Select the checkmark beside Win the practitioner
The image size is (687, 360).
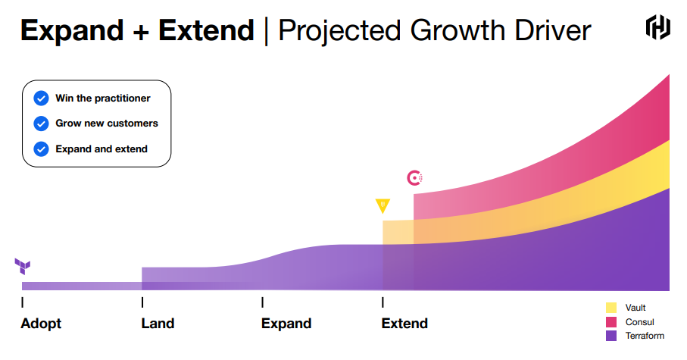41,99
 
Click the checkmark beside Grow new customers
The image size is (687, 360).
41,124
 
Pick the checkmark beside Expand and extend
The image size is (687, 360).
41,149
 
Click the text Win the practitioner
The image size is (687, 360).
102,99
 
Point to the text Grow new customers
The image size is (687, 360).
106,124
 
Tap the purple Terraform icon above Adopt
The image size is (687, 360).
23,266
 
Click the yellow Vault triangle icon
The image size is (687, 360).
383,205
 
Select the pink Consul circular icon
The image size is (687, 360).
414,178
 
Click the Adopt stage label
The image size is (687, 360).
41,324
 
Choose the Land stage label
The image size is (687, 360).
158,324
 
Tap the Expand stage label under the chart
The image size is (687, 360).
286,324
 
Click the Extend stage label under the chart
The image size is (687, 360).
404,324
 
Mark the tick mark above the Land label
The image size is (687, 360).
142,302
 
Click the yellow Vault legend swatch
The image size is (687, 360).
611,308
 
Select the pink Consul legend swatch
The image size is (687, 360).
611,321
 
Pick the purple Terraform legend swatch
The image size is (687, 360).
611,335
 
